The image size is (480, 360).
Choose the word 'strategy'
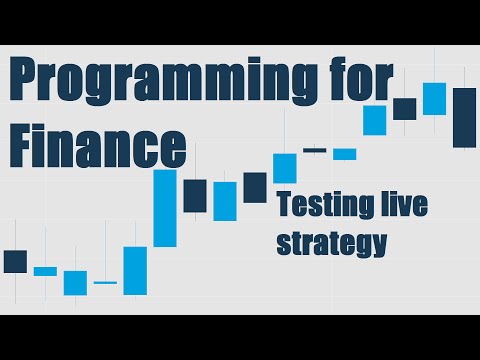(x=331, y=243)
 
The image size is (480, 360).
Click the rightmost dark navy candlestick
(x=464, y=117)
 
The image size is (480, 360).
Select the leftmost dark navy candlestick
(x=15, y=261)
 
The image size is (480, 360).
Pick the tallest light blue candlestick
(x=165, y=208)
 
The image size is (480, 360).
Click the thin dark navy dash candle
(x=315, y=150)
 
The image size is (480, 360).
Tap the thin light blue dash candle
(x=105, y=283)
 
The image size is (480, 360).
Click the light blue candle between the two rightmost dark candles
(x=434, y=98)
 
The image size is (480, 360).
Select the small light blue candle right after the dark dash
(x=345, y=154)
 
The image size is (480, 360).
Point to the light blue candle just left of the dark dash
(x=285, y=168)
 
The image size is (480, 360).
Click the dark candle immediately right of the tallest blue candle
(x=195, y=195)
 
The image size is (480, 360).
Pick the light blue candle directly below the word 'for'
(x=375, y=120)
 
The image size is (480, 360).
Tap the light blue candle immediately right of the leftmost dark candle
(x=45, y=271)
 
